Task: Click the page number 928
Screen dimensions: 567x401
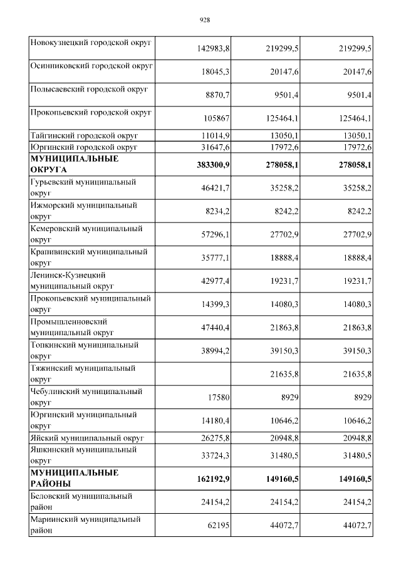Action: tap(204, 20)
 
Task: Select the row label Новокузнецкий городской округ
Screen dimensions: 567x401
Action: tap(91, 42)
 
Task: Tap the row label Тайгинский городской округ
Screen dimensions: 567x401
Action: tap(84, 135)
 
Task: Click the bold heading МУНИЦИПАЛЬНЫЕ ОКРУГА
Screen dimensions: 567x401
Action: tap(75, 164)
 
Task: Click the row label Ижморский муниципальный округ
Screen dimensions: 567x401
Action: tap(83, 211)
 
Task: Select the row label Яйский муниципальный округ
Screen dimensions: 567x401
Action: tap(87, 437)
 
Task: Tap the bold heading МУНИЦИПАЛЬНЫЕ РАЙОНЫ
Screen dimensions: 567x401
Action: tap(75, 477)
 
